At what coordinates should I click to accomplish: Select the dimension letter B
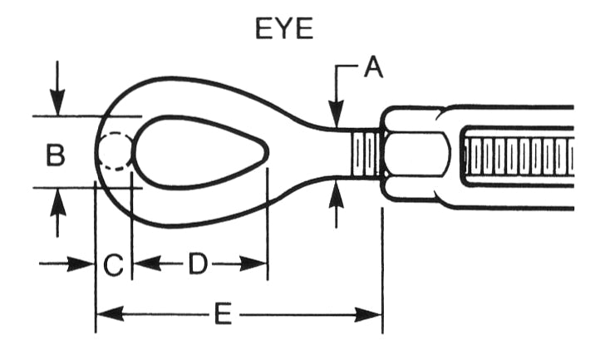[x=55, y=155]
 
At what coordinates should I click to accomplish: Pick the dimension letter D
[x=197, y=265]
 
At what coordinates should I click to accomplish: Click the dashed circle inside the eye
[x=114, y=152]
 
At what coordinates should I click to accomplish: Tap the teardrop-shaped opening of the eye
[x=199, y=151]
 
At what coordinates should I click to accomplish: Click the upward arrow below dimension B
[x=56, y=212]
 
